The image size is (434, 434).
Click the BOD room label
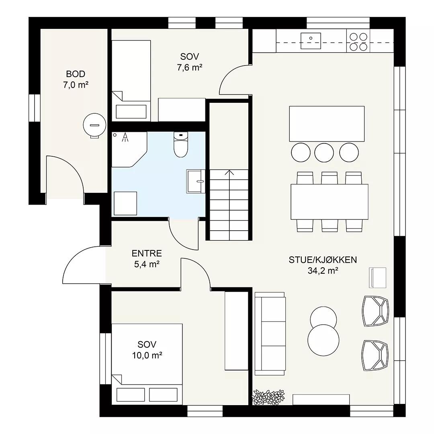coord(76,74)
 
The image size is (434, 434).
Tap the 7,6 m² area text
coord(190,67)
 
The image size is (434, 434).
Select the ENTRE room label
coord(147,253)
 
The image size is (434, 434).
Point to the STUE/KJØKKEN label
coord(323,260)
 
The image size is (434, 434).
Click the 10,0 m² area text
coord(147,355)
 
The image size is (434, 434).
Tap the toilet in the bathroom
coord(181,144)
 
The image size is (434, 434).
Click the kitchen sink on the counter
coord(311,41)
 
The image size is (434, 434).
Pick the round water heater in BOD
coord(95,125)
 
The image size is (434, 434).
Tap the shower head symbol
coord(125,137)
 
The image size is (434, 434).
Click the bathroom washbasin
coord(195,181)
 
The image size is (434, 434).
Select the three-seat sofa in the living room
coord(270,334)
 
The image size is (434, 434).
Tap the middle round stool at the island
coord(324,152)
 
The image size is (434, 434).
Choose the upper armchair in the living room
coord(376,311)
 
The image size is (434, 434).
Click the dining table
coord(330,202)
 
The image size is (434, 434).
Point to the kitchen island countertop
coord(327,124)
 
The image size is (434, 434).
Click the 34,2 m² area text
coord(323,271)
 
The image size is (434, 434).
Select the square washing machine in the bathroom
coord(125,203)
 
